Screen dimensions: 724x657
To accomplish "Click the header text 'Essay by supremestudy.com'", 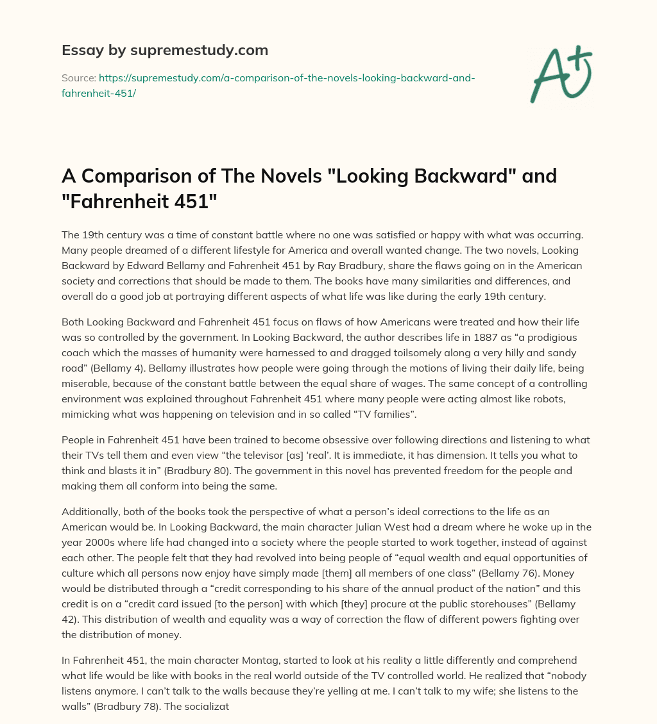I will (164, 50).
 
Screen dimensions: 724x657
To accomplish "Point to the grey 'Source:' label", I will (78, 78).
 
